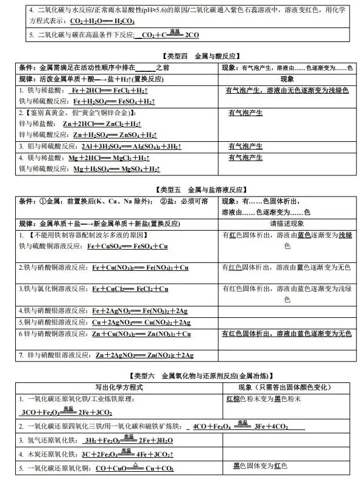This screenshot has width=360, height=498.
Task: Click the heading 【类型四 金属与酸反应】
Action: (x=180, y=56)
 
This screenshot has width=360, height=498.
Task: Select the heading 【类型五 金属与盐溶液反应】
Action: (x=180, y=189)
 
